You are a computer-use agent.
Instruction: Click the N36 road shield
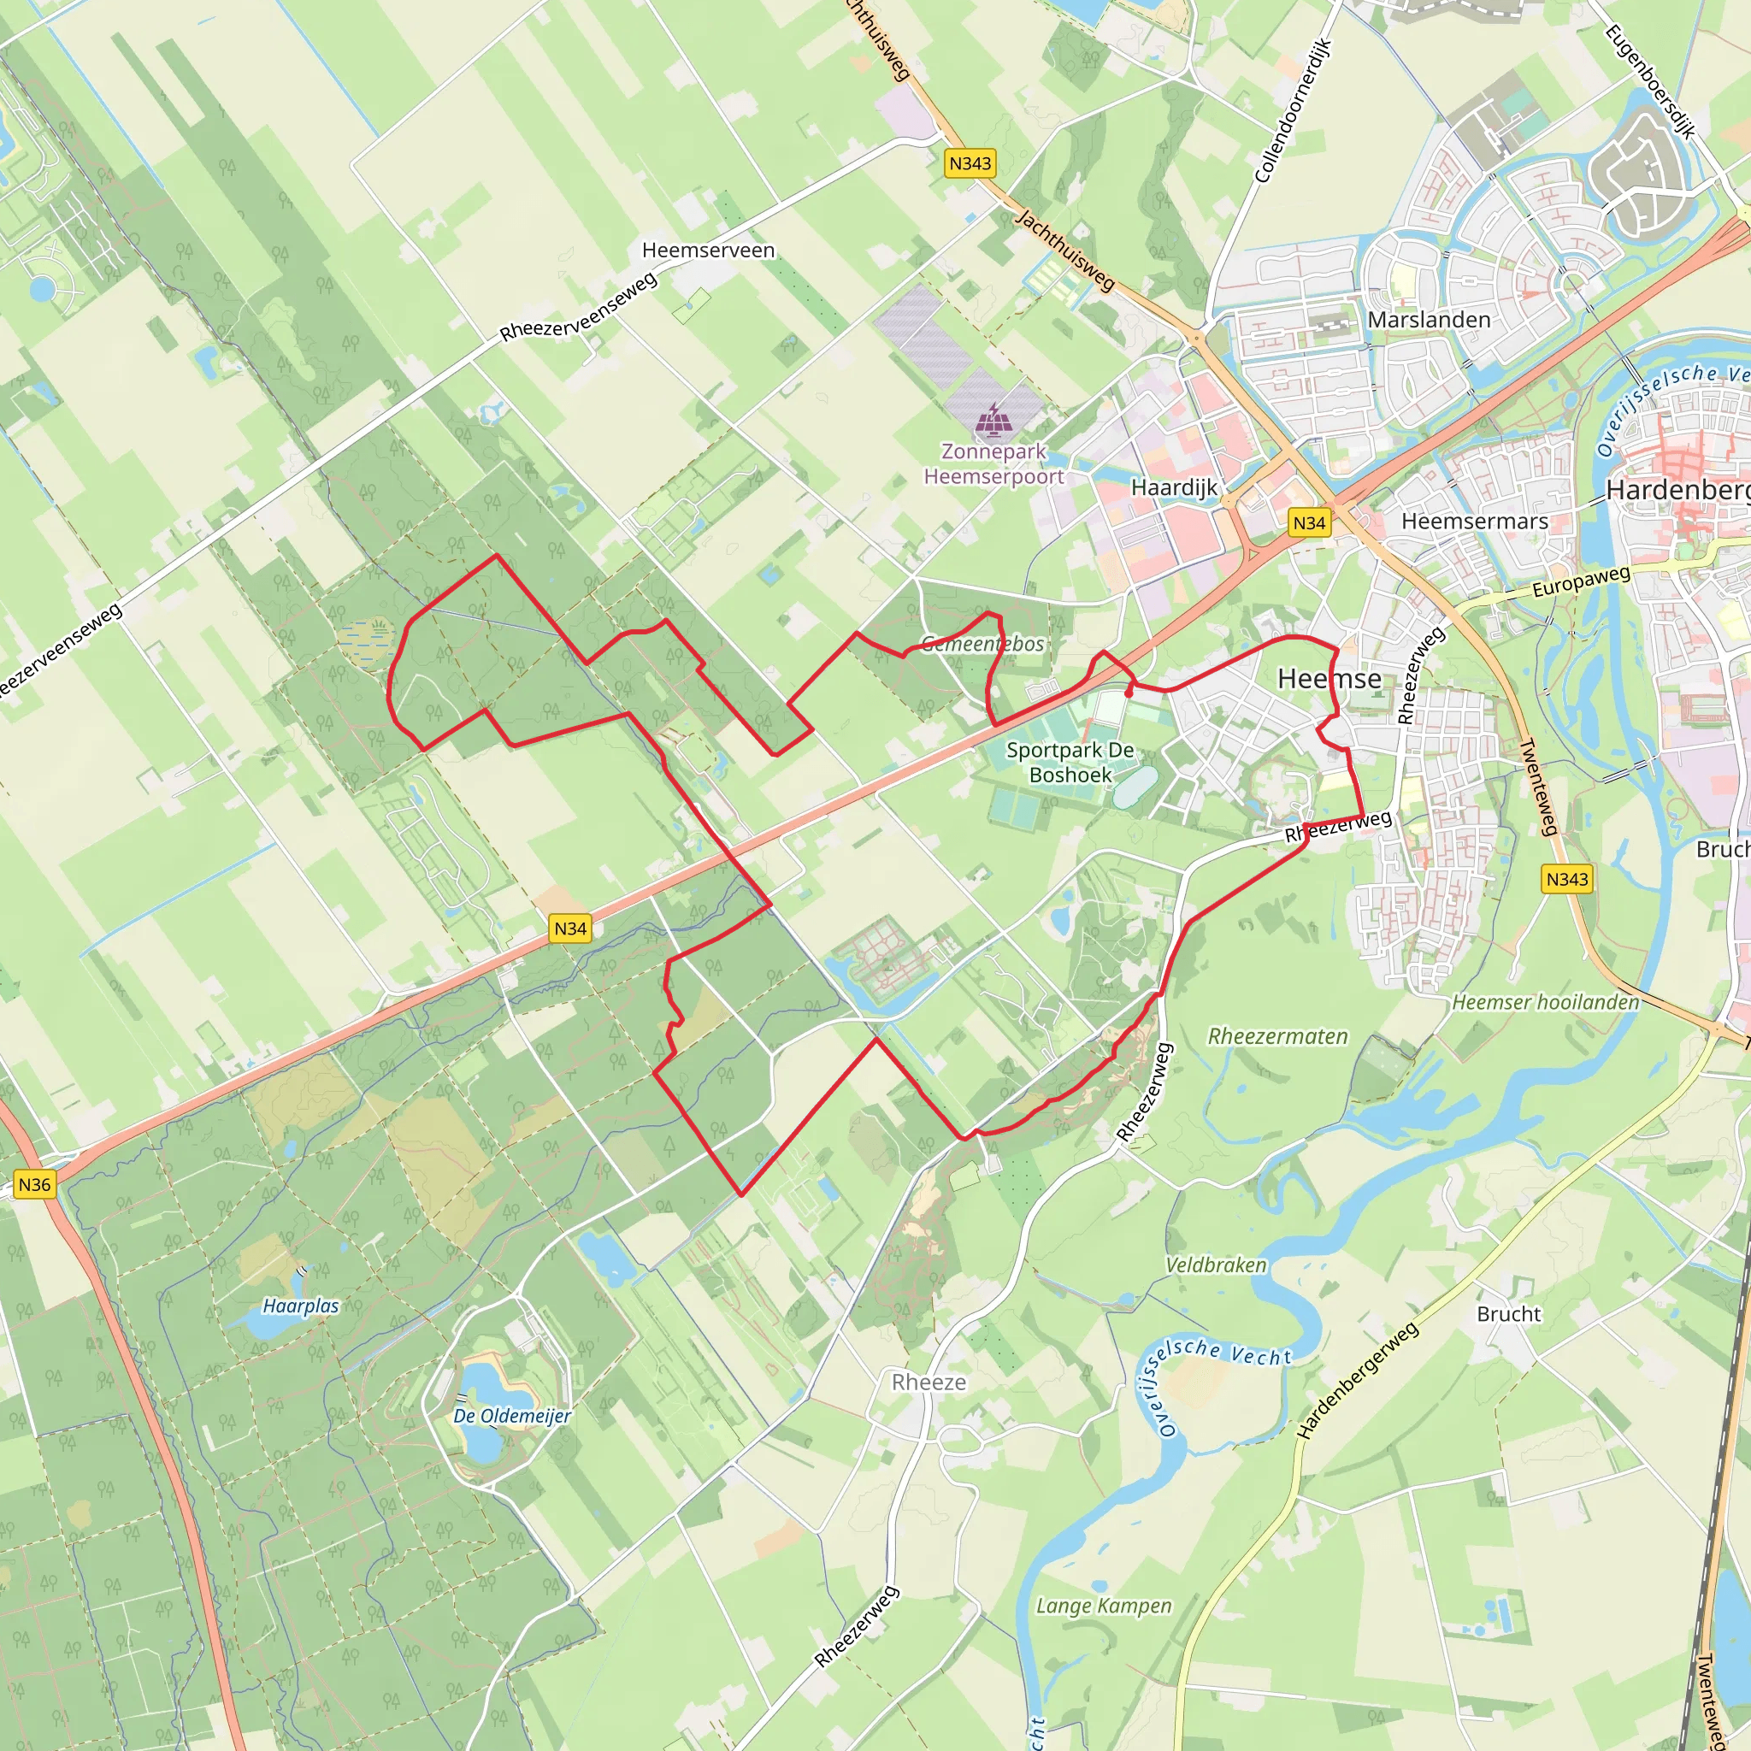click(x=34, y=1183)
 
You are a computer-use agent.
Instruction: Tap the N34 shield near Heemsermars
click(x=1309, y=522)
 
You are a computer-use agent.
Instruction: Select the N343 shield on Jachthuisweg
click(x=970, y=163)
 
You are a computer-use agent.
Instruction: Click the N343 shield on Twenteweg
click(x=1567, y=878)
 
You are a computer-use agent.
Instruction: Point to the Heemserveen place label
click(x=708, y=251)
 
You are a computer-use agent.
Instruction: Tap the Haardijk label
click(x=1175, y=487)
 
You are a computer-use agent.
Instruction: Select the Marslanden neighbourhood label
click(x=1429, y=320)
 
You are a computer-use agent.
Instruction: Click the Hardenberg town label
click(x=1677, y=490)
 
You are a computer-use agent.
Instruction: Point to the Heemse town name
click(x=1329, y=678)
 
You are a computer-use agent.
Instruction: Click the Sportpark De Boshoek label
click(x=1070, y=762)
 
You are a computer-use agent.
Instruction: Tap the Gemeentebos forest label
click(x=982, y=644)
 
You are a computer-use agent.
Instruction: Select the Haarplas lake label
click(x=300, y=1306)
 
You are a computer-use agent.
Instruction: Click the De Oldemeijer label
click(x=512, y=1416)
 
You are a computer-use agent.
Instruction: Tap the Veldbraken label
click(x=1216, y=1265)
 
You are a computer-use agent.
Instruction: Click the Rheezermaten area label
click(x=1277, y=1036)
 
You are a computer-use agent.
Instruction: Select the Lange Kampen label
click(x=1103, y=1606)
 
